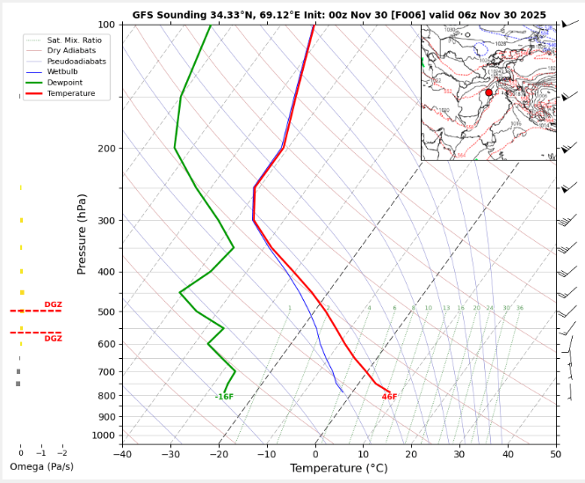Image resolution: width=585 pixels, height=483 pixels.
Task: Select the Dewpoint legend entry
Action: click(x=65, y=83)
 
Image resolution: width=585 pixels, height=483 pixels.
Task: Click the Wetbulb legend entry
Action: click(x=63, y=72)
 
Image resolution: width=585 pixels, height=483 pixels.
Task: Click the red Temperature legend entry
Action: click(x=71, y=93)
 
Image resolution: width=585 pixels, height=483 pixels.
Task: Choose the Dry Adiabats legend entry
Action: click(x=70, y=51)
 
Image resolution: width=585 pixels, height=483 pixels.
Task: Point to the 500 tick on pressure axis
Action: click(x=107, y=312)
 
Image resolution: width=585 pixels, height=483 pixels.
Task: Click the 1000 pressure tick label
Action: click(x=105, y=435)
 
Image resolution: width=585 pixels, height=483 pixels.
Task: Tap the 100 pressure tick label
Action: click(x=107, y=25)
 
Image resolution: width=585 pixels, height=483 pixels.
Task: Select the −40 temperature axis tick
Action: click(x=122, y=454)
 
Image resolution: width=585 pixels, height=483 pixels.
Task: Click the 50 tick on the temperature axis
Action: click(x=556, y=454)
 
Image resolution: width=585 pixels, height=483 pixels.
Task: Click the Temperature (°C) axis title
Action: click(x=338, y=468)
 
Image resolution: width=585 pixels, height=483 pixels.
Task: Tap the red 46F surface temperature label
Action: click(x=389, y=397)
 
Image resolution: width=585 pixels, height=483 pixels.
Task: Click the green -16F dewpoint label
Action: click(x=224, y=397)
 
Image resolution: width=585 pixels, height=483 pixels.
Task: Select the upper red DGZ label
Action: click(x=53, y=304)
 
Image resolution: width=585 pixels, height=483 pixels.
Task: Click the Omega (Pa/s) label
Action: click(x=41, y=466)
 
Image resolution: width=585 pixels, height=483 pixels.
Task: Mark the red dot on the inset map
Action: click(x=488, y=92)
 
